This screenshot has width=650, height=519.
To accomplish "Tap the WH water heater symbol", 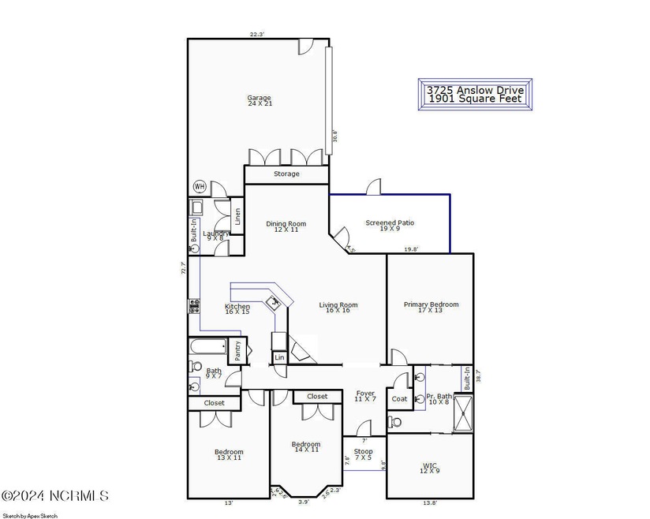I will coord(199,187).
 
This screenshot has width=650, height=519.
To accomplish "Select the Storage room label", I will coord(286,174).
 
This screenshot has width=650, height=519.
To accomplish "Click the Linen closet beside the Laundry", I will coord(237,215).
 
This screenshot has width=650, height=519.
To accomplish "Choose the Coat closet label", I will coord(399,399).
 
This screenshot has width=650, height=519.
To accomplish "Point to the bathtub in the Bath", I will coord(207,349).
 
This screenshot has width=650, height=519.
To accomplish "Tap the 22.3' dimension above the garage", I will coord(257,34).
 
